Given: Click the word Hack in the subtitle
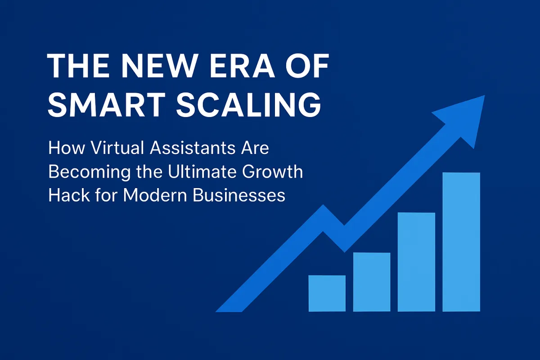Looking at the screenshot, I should click(66, 196).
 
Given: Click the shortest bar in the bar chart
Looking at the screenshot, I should click(327, 293).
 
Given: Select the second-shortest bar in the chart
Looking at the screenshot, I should click(372, 282).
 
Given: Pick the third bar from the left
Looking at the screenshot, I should click(416, 262).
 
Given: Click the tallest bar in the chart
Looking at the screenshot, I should click(461, 242).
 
